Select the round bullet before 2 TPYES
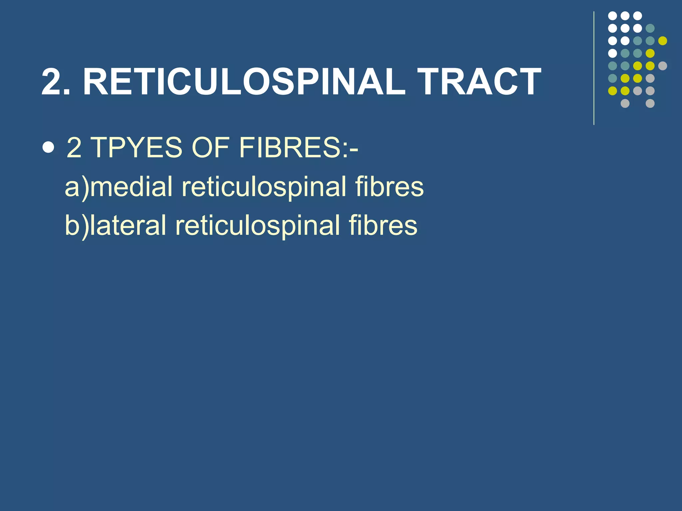tap(49, 147)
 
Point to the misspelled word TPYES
tap(136, 147)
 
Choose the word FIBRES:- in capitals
tap(298, 147)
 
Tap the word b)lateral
tap(115, 226)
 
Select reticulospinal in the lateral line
tap(258, 226)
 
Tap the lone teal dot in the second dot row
tap(650, 28)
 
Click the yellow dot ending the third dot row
tap(663, 41)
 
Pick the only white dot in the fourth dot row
tap(612, 53)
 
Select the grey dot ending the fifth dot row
tap(663, 66)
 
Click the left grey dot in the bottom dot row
tap(625, 103)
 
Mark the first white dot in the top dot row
tap(612, 16)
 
